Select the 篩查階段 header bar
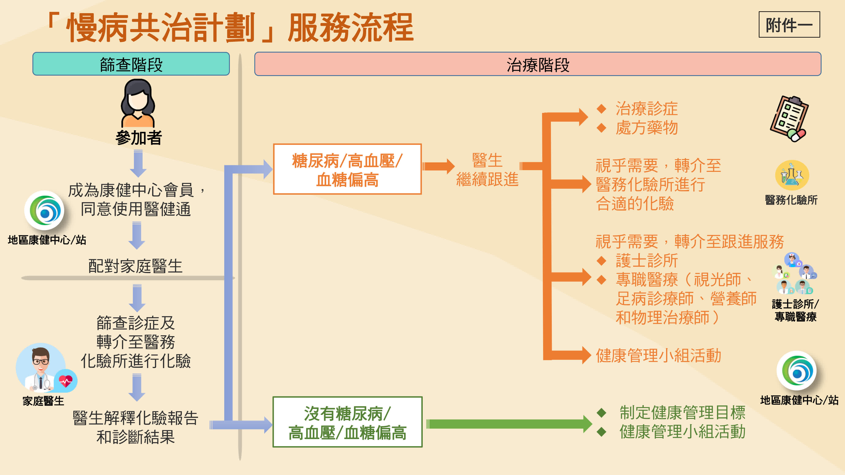tap(131, 64)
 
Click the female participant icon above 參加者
tap(138, 103)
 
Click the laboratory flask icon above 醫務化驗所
tap(792, 175)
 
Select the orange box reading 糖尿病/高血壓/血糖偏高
tap(347, 169)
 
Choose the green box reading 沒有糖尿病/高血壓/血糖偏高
tap(347, 422)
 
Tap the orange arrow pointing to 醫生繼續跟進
tap(438, 166)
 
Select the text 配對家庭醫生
tap(135, 266)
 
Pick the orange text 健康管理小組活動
tap(658, 356)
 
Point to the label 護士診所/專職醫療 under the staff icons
tap(795, 310)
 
